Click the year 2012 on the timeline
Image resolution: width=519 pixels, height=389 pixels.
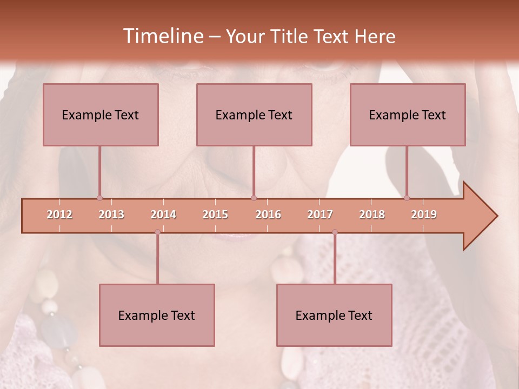tap(59, 214)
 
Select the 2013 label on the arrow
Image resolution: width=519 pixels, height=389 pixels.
tap(111, 214)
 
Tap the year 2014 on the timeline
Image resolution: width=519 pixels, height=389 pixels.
tap(163, 214)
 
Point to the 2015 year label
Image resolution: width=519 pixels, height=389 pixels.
tap(215, 214)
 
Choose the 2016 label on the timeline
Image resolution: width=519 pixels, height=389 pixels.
tap(268, 214)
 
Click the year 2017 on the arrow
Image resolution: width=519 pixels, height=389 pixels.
tap(320, 214)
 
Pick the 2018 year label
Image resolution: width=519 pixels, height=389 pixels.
tap(372, 214)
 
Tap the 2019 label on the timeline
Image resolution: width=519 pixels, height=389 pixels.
tap(424, 214)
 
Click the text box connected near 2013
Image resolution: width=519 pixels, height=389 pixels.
tap(101, 115)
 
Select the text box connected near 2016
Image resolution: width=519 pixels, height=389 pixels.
tap(254, 115)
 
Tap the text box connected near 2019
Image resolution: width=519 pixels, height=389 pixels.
tap(408, 115)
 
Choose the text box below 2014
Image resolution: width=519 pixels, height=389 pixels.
tap(157, 315)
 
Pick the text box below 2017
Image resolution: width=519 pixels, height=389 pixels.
tap(334, 315)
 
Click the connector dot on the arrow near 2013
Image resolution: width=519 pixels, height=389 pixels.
tap(99, 198)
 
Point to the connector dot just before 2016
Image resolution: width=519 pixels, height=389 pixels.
tap(254, 198)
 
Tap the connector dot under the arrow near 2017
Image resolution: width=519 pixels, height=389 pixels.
tap(335, 232)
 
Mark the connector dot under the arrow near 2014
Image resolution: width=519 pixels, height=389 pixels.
tap(157, 232)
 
